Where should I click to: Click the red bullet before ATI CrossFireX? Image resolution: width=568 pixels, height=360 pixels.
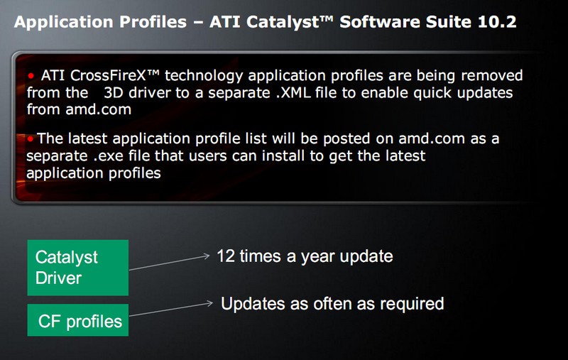pos(31,76)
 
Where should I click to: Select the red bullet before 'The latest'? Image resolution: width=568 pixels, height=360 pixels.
pos(30,138)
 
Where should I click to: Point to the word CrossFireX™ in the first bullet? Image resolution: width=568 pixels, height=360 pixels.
pos(114,75)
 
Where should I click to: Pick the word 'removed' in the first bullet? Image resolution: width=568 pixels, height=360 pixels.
pos(491,75)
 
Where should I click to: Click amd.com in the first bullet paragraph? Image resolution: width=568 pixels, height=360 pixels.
pos(98,109)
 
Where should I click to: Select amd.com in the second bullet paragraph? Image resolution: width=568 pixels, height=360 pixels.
pos(432,138)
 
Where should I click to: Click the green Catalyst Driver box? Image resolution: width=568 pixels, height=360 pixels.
pos(78,268)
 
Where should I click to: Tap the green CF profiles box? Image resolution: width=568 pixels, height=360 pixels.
pos(78,320)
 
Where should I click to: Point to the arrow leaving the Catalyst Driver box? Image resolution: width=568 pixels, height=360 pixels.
pos(169,263)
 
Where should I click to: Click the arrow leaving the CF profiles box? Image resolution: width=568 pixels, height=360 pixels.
pos(170,310)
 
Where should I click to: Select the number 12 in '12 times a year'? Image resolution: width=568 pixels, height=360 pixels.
pos(226,256)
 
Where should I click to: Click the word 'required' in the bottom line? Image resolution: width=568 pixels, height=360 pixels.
pos(412,303)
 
